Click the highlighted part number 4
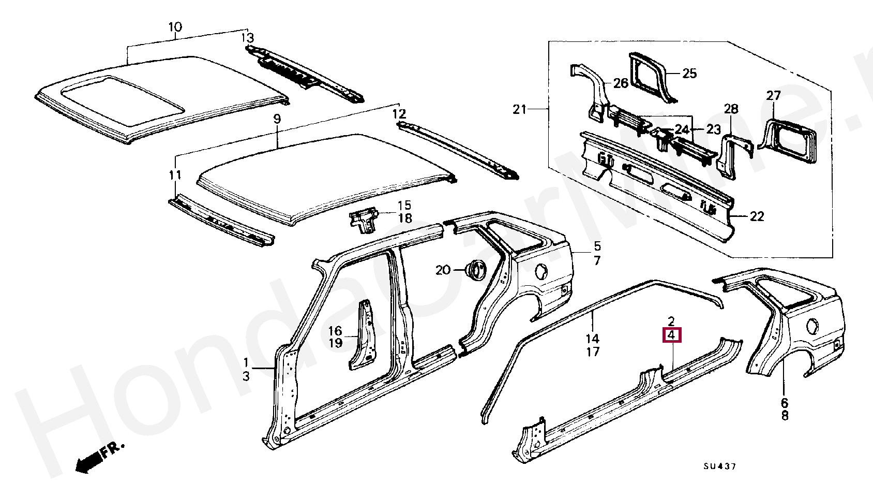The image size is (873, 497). click(672, 335)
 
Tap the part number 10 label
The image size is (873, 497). click(175, 26)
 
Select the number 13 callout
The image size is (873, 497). click(248, 38)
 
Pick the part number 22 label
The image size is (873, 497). click(757, 216)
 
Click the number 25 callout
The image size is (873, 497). click(689, 74)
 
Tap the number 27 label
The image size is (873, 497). click(773, 96)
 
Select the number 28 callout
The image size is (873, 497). click(731, 109)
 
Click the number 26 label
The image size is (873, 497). click(621, 83)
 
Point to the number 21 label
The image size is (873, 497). click(520, 109)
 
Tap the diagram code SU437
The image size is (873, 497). click(719, 466)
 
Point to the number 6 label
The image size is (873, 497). click(785, 402)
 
